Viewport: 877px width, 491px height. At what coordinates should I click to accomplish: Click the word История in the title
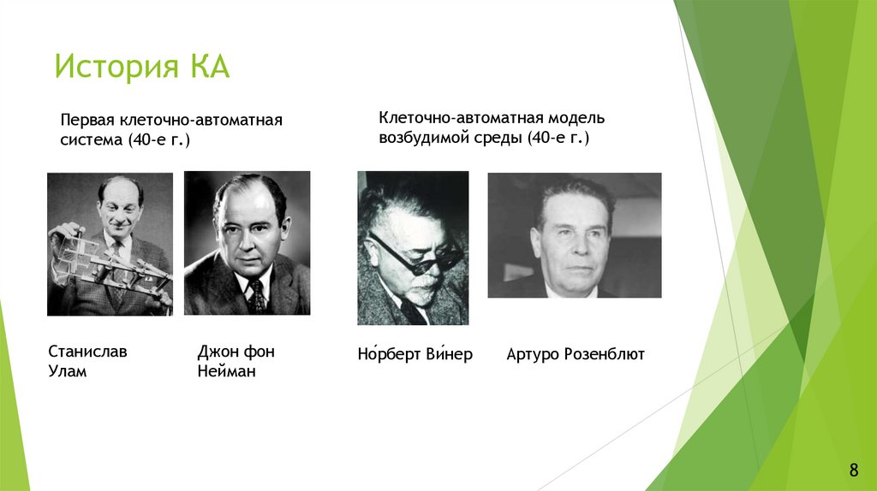click(114, 68)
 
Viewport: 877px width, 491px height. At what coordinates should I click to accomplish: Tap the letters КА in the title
click(205, 68)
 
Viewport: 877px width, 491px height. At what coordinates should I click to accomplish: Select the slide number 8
click(853, 469)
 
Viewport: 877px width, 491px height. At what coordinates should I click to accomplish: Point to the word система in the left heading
click(91, 139)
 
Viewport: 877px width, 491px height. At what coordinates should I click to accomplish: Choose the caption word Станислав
click(88, 352)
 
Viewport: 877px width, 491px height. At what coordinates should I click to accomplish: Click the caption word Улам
click(68, 372)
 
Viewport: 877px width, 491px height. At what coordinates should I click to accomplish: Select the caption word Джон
click(218, 352)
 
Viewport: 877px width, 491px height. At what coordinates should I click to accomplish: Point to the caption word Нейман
click(226, 372)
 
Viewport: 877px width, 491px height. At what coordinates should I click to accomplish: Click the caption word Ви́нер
click(450, 354)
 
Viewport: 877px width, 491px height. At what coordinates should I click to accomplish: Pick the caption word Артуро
click(532, 354)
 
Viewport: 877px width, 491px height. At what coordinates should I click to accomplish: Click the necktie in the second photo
click(256, 295)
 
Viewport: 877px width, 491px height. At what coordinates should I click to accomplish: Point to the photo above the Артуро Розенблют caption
click(574, 235)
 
